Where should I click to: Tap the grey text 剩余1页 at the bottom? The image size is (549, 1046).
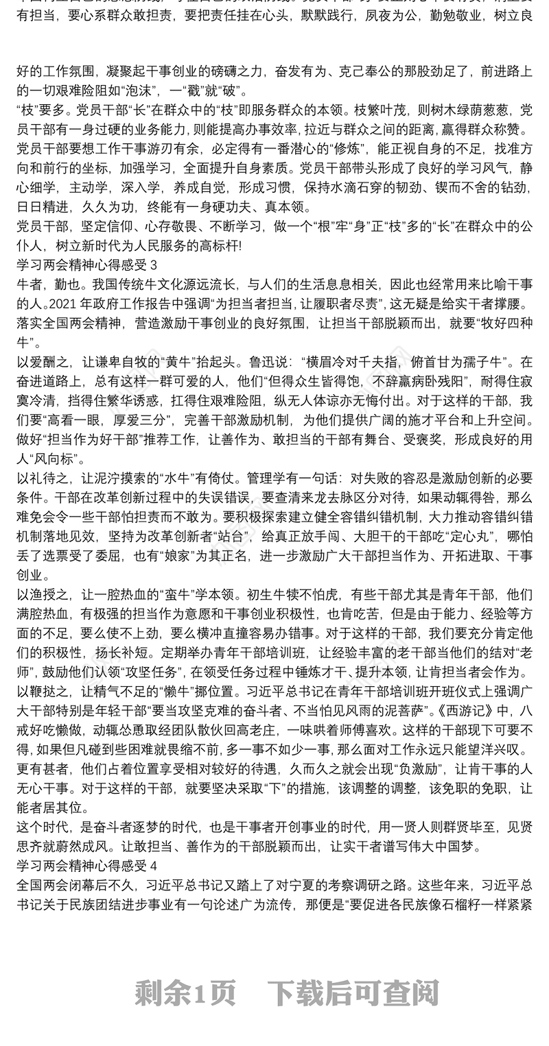coord(185,992)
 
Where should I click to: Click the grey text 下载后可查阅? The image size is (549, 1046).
coord(353,992)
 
